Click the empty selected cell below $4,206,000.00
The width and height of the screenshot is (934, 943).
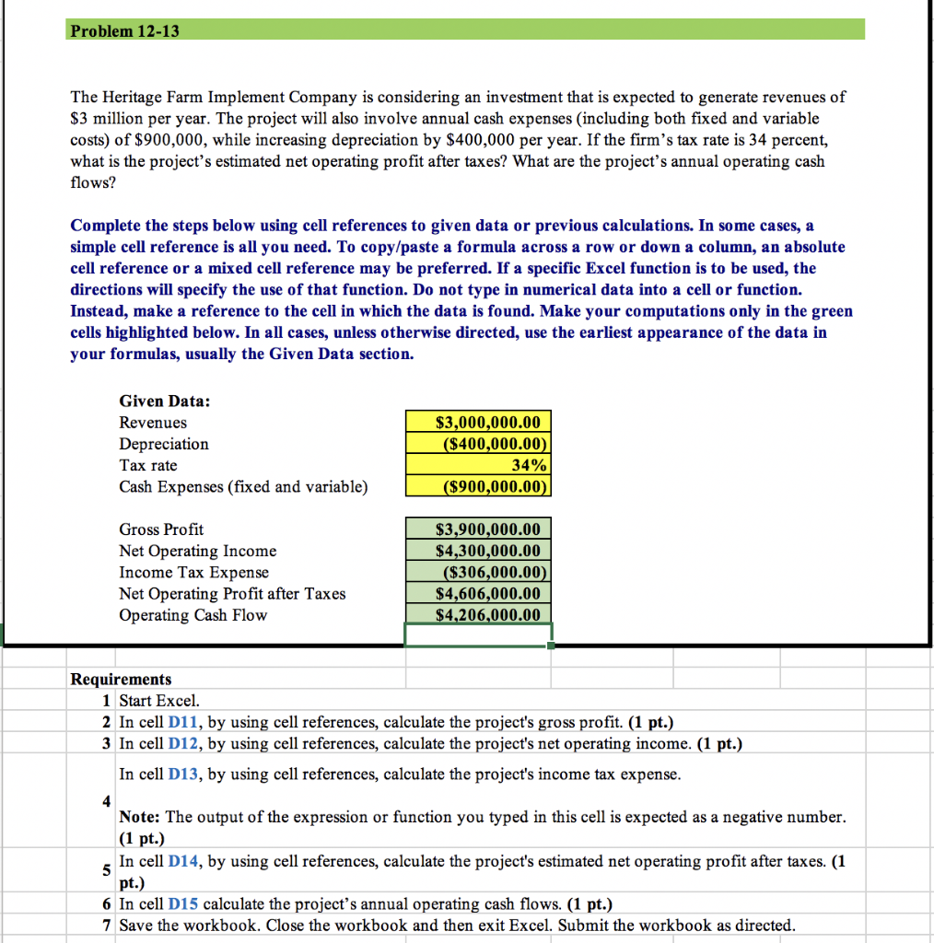(478, 635)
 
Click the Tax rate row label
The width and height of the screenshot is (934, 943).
(148, 465)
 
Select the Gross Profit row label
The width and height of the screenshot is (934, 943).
(161, 530)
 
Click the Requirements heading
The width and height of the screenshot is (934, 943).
(121, 680)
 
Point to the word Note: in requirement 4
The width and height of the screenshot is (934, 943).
(140, 818)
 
